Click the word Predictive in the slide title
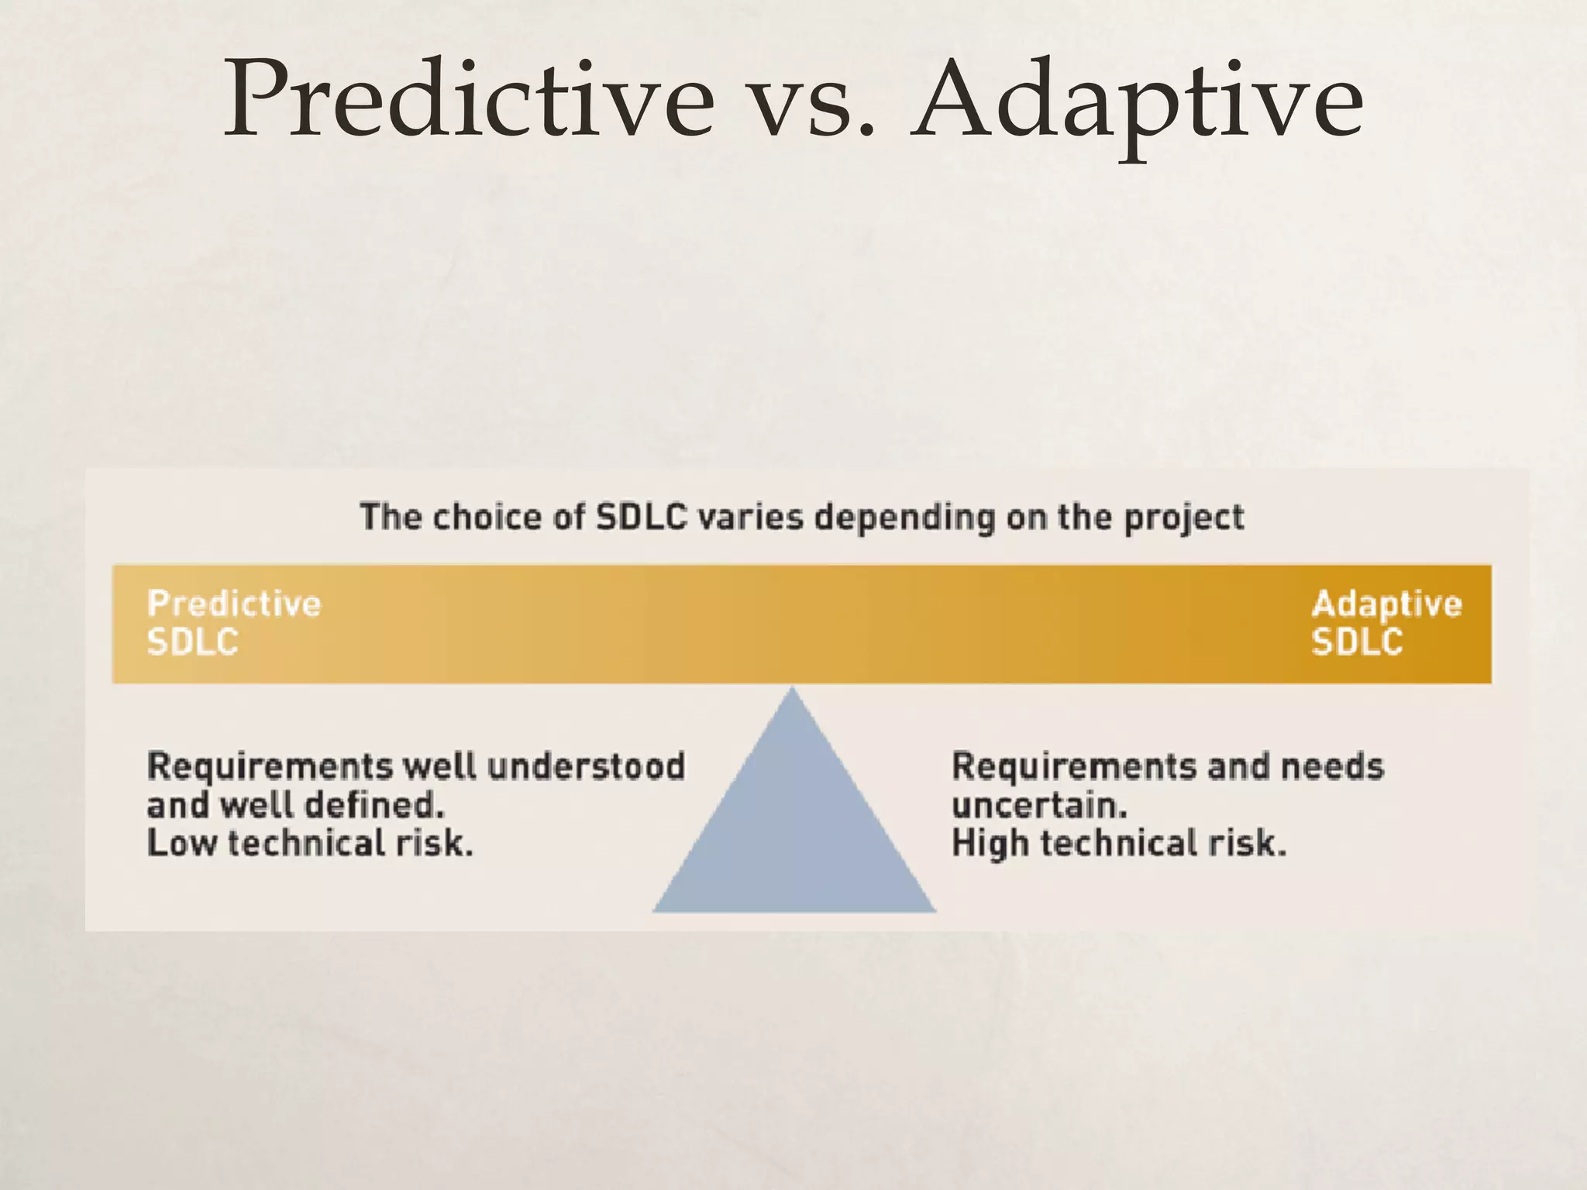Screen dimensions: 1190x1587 pyautogui.click(x=468, y=99)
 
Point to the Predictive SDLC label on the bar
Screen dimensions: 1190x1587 pyautogui.click(x=232, y=623)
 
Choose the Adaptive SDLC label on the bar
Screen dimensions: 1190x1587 pyautogui.click(x=1386, y=623)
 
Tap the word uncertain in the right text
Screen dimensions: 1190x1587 pyautogui.click(x=1038, y=806)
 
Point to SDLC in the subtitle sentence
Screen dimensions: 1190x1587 pyautogui.click(x=641, y=517)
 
